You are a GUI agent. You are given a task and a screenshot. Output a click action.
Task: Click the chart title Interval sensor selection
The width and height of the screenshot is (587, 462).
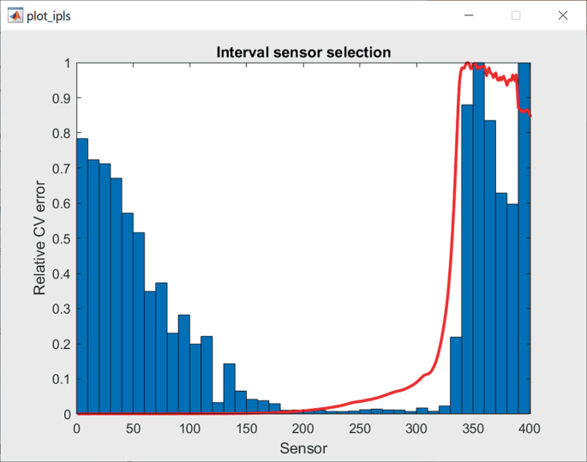coord(303,52)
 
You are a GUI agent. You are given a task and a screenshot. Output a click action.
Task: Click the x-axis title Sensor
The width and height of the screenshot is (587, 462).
coord(303,447)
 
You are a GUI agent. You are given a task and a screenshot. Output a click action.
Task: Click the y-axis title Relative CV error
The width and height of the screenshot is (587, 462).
coord(40,239)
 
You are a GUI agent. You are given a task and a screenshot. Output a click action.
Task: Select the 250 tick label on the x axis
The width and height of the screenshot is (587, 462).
coord(360,429)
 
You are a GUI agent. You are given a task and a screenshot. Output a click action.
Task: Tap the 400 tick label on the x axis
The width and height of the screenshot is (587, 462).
coord(530,429)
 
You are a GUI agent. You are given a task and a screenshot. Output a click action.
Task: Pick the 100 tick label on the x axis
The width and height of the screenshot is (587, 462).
coord(190,429)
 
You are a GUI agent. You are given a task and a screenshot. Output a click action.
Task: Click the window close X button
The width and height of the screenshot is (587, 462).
coord(562,15)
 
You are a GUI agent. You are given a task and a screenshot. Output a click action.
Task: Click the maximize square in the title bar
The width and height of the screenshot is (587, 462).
coord(516,15)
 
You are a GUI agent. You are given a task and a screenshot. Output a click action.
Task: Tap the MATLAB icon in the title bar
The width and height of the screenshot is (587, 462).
coord(15,15)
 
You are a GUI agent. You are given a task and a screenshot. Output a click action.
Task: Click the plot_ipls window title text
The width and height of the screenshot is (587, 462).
coord(49,16)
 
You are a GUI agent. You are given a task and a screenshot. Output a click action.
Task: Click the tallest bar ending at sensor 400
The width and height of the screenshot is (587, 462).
coord(524,240)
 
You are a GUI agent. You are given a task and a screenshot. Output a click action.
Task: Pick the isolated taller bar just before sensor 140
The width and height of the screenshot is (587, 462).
coord(229,389)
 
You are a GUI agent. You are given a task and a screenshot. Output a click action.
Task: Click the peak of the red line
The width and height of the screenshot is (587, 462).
coord(468,63)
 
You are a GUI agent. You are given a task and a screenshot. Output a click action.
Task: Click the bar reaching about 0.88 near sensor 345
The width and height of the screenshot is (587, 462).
coord(467,257)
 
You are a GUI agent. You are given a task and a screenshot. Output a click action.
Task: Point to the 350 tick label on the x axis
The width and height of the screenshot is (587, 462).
coord(473,429)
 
